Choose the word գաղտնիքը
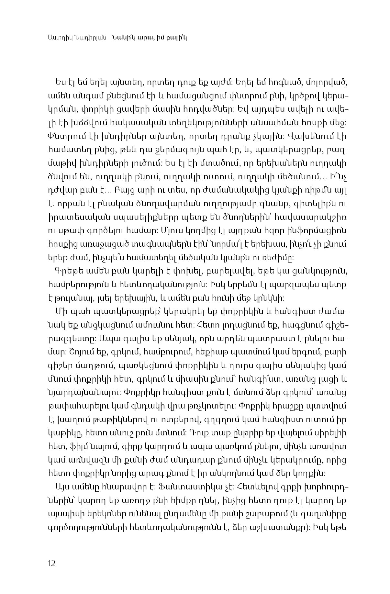tap(329, 514)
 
